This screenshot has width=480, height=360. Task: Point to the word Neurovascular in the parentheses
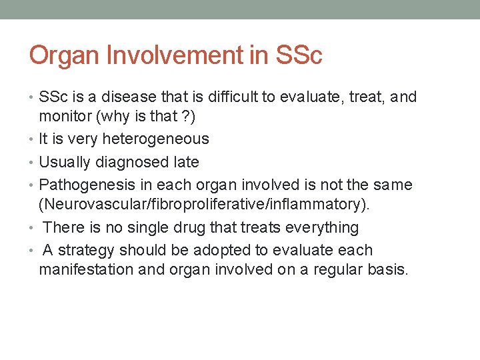90,204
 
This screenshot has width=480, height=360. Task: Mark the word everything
321,227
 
